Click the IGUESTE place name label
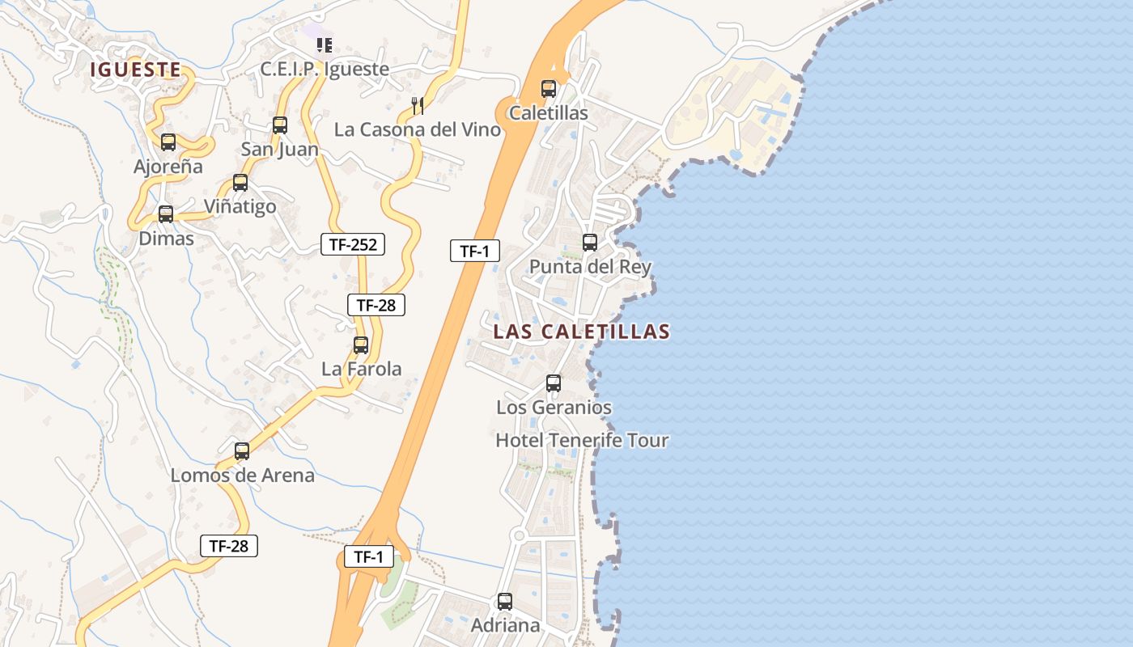[135, 70]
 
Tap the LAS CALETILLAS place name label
[581, 332]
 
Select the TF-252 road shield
[353, 244]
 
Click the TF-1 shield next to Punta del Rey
[475, 251]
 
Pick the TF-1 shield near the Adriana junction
[368, 556]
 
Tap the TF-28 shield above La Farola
[376, 305]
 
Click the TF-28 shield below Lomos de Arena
[228, 546]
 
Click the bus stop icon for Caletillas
[549, 89]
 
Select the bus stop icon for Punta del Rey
[590, 242]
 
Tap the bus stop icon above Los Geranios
[554, 383]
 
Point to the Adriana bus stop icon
[505, 602]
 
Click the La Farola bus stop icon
[361, 345]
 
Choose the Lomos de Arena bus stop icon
[242, 451]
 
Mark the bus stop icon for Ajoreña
[168, 142]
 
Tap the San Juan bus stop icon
[280, 125]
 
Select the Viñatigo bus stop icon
[240, 183]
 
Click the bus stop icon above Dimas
[166, 214]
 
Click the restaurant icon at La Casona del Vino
[418, 105]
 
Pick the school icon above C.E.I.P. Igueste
[325, 44]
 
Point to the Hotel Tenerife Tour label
[582, 441]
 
